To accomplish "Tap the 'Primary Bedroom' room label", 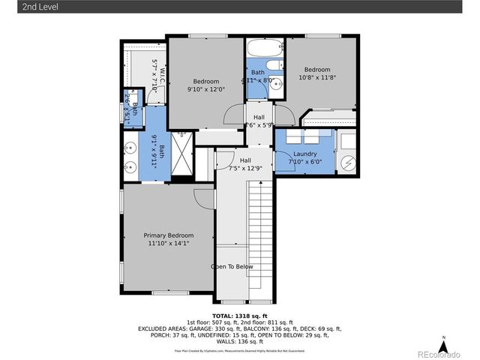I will click(x=169, y=235).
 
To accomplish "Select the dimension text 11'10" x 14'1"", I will click(x=169, y=243).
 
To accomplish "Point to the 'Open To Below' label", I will click(x=232, y=267).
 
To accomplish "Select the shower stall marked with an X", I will click(x=182, y=144).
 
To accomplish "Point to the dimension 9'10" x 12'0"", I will click(x=206, y=89).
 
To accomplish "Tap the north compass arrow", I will click(x=443, y=347).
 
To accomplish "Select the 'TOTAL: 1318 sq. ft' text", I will click(x=239, y=316).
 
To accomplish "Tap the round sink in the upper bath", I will click(x=274, y=83).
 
